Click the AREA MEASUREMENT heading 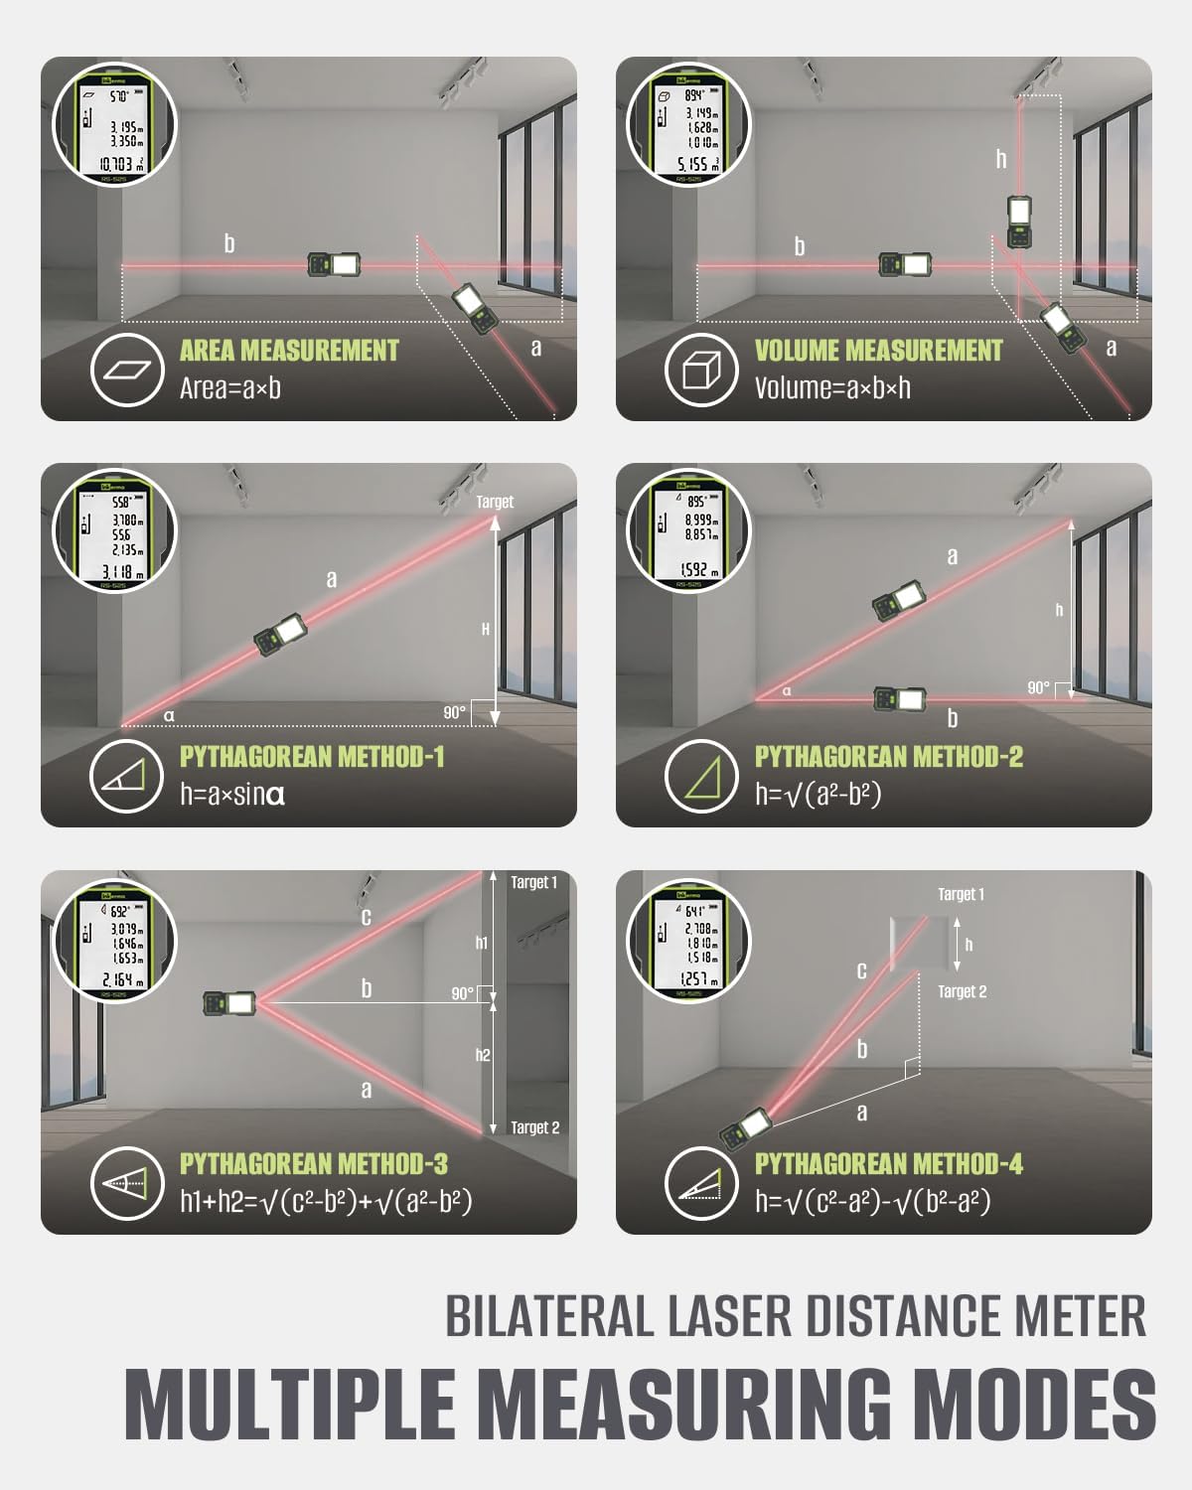[x=288, y=351]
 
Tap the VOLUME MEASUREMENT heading [x=878, y=351]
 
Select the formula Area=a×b [x=229, y=388]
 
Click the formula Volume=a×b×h [x=831, y=388]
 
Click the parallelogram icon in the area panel [x=126, y=371]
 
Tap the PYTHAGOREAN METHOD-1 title [x=312, y=757]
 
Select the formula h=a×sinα [x=232, y=795]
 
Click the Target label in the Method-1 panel [x=495, y=502]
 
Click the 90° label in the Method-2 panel [x=1038, y=687]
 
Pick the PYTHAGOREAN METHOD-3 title [x=313, y=1163]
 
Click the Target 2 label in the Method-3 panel [x=534, y=1127]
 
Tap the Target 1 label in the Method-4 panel [x=961, y=894]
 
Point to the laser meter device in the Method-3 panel [x=229, y=1004]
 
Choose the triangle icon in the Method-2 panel [x=700, y=777]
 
